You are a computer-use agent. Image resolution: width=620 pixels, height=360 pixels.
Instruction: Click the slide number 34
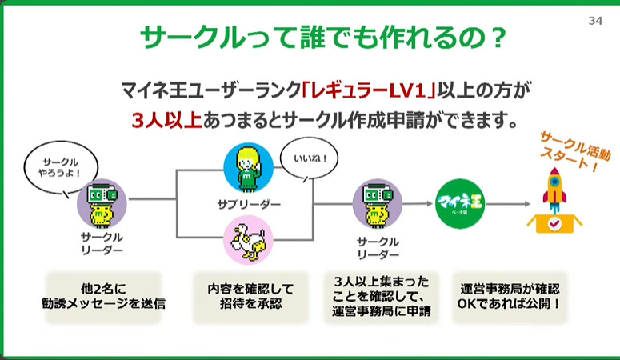[594, 21]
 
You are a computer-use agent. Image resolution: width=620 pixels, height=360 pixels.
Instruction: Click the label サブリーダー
[248, 205]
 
